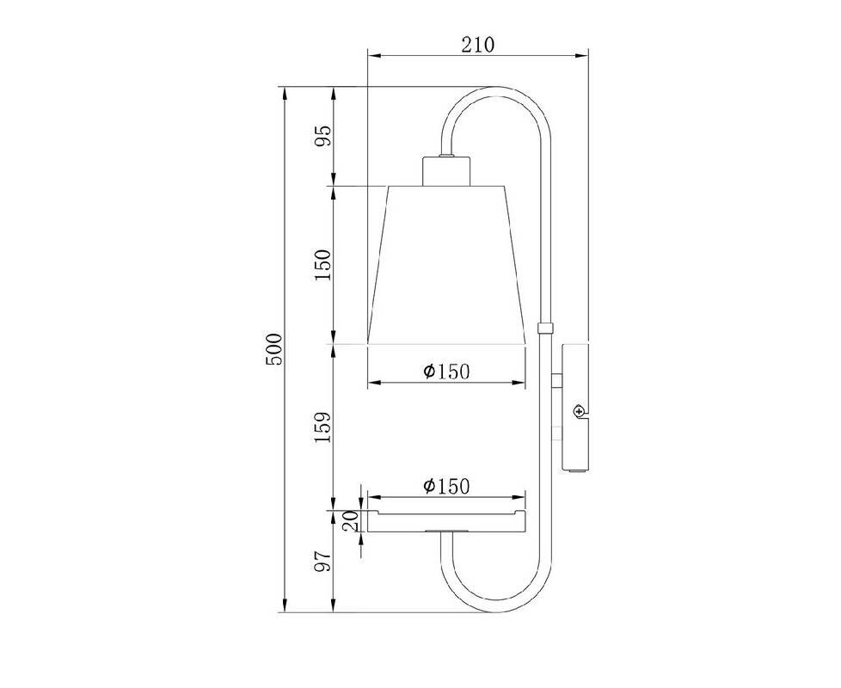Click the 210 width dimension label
[478, 45]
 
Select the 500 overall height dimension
[274, 349]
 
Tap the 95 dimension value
[322, 135]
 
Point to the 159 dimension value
[322, 427]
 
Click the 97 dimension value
[322, 562]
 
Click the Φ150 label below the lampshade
[446, 371]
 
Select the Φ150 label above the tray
[446, 486]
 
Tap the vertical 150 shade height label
[322, 264]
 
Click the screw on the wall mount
[579, 411]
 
